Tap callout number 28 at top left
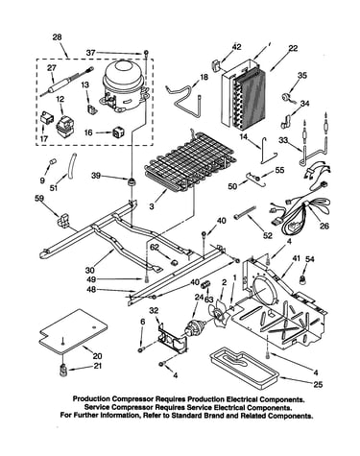57,37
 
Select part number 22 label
293,48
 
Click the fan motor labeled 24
195,327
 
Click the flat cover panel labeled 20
73,331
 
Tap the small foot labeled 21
63,370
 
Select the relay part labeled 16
118,132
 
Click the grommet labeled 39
132,182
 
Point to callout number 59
39,199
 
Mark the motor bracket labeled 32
173,338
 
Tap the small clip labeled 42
216,64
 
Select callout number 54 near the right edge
309,259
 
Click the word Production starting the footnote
91,399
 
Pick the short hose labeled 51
72,165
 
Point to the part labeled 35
285,97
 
